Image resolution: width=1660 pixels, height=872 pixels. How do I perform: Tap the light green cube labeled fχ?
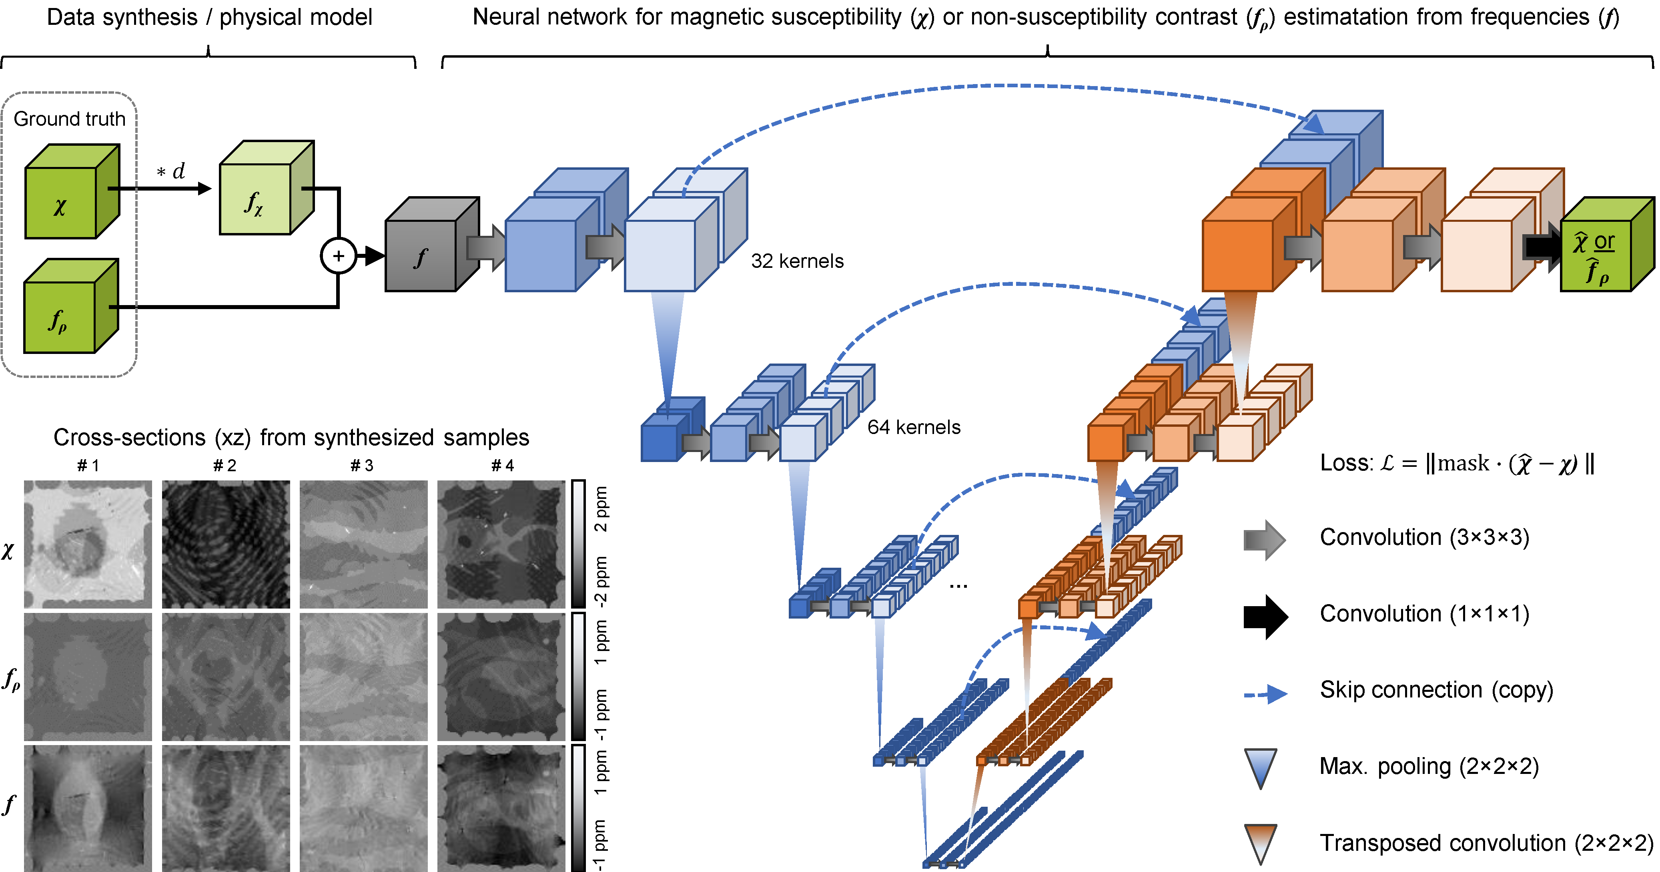(x=255, y=199)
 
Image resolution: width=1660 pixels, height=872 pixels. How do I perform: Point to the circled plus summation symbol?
(x=338, y=256)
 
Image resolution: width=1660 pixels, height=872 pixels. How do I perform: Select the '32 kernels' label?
(x=797, y=261)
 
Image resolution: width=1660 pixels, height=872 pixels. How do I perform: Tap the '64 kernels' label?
(x=914, y=427)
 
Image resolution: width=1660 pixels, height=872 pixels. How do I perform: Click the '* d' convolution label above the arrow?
(x=171, y=171)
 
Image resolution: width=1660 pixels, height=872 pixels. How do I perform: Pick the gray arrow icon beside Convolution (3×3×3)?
(x=1264, y=539)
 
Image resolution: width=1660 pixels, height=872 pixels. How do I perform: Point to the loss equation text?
(x=1456, y=463)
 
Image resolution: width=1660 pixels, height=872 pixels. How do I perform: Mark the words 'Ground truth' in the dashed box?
(x=70, y=119)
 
